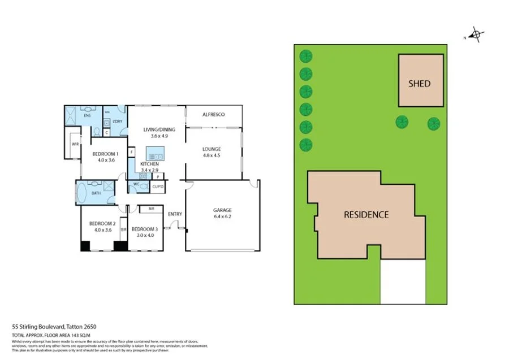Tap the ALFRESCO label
point(214,115)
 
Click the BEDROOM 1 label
point(105,154)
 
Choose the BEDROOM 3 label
point(144,229)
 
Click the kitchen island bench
point(154,153)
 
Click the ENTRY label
point(175,214)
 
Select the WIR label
point(75,144)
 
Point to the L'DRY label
point(117,122)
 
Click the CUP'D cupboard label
point(157,186)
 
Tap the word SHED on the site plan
point(420,84)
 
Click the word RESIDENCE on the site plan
point(366,214)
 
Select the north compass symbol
point(476,36)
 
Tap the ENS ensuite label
point(87,115)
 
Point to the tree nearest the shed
point(402,122)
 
